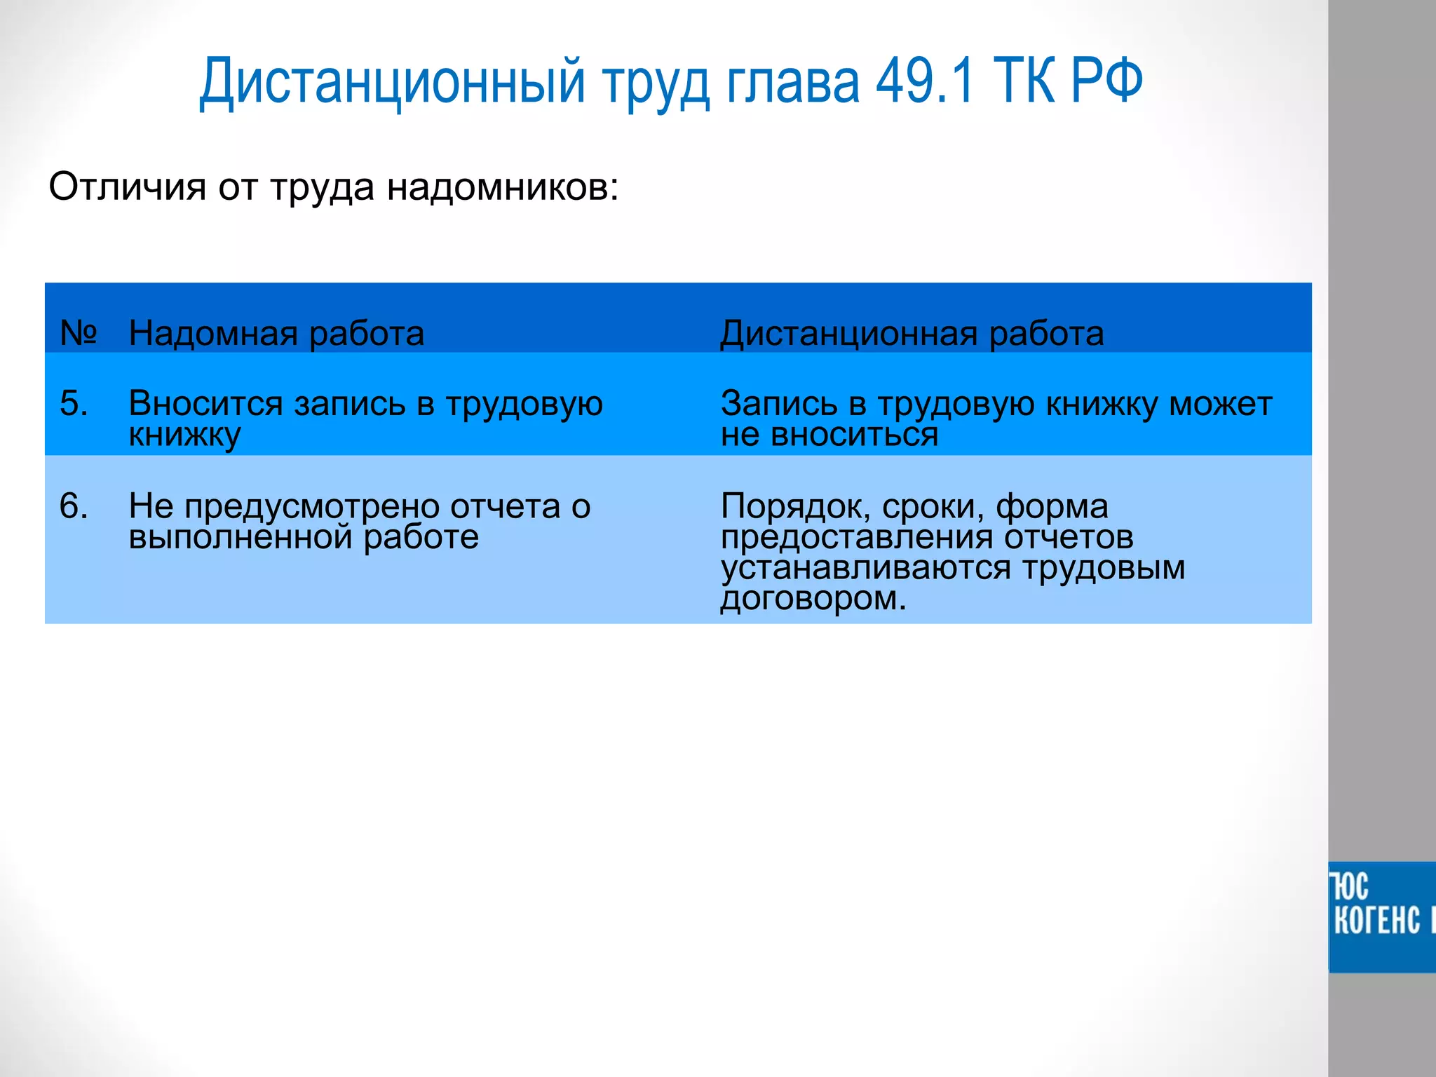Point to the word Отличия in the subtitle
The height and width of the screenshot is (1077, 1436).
pos(127,187)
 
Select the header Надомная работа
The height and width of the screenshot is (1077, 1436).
pos(276,333)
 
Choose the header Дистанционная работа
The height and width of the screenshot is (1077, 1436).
pos(912,333)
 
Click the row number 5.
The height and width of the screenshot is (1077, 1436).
pos(74,403)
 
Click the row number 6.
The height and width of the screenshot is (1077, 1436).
pos(74,506)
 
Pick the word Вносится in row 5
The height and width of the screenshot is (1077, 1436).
pos(205,403)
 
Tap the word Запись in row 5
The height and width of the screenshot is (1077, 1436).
pos(778,403)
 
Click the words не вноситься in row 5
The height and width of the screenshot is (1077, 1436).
pos(829,435)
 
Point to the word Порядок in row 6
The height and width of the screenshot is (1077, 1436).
pos(795,506)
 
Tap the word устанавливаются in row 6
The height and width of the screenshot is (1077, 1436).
pos(865,568)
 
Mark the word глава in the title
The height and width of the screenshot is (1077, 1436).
pos(792,81)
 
